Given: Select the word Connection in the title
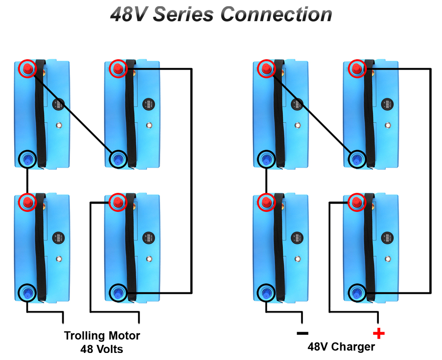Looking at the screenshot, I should point(276,14).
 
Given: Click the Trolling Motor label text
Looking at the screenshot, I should point(102,336).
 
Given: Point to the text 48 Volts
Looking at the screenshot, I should point(102,349).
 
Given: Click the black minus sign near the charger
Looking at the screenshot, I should point(302,333).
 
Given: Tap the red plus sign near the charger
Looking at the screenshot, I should point(379,333).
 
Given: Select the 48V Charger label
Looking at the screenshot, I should point(341,347).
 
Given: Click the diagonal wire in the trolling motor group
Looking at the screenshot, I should point(73,113).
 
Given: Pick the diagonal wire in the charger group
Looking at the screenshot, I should point(312,113).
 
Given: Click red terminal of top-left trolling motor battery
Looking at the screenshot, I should point(27,69).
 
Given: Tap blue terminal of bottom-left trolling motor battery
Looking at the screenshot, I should point(27,291).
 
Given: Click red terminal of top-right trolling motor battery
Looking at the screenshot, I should point(118,69).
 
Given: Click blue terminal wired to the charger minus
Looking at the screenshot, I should point(266,291).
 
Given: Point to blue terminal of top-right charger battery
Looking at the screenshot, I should point(357,158).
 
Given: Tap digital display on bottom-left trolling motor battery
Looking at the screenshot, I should point(57,238).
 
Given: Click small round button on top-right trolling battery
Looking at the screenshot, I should point(149,126).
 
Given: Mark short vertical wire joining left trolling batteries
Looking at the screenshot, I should point(27,180).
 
